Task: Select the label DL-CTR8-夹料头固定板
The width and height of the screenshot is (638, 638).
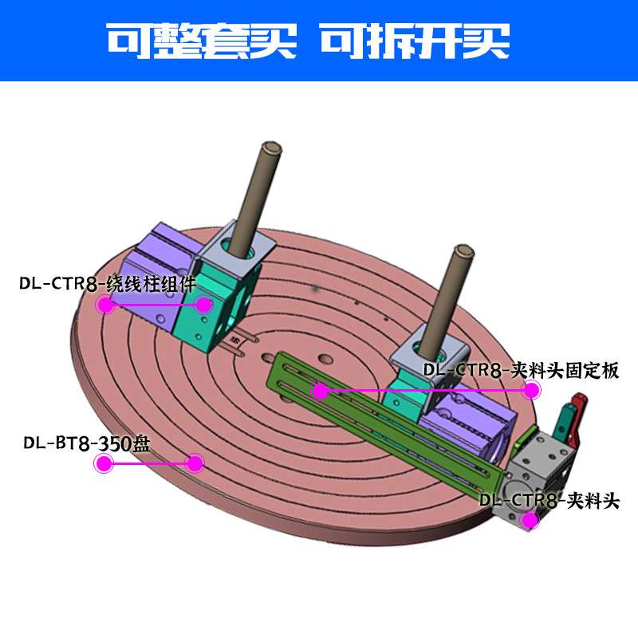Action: coord(521,370)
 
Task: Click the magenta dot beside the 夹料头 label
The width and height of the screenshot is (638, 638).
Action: coord(527,521)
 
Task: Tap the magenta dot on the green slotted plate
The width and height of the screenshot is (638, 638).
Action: coord(320,391)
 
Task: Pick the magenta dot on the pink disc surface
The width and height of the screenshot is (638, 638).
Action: coord(195,463)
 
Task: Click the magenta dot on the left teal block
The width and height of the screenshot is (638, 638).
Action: coord(205,304)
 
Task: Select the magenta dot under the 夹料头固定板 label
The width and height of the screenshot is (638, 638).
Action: coord(531,390)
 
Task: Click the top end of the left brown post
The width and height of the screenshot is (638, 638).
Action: coord(272,149)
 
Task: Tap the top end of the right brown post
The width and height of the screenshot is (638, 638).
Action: coord(462,252)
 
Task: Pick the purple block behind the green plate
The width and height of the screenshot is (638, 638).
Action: coord(471,431)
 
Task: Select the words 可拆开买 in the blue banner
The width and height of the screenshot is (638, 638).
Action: coord(414,40)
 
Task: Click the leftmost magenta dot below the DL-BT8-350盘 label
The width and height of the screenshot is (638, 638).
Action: coord(102,463)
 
